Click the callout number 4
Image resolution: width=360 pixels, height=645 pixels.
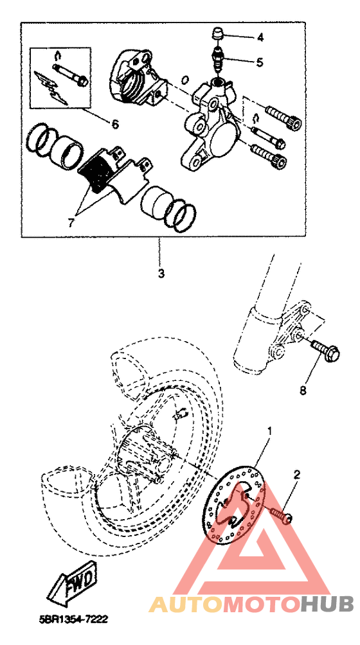(260, 37)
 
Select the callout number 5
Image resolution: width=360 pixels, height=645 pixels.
(259, 62)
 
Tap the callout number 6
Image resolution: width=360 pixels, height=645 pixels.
(115, 123)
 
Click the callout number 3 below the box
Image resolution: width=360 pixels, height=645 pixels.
(161, 273)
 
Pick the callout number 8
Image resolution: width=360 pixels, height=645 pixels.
(303, 391)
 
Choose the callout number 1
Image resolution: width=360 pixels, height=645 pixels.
(270, 431)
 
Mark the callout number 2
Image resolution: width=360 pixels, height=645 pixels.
(297, 475)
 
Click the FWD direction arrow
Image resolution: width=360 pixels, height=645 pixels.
(73, 583)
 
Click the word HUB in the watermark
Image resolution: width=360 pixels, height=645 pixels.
(327, 604)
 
